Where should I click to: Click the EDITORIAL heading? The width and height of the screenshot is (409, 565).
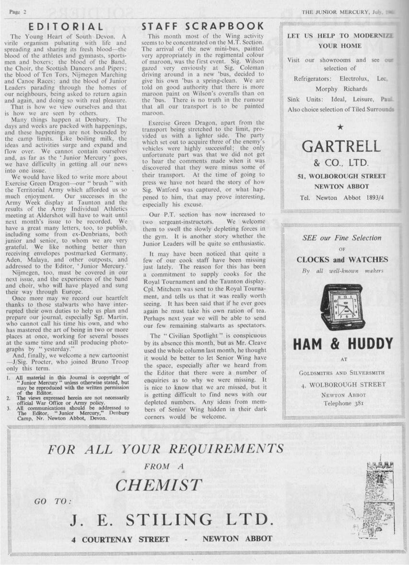(66, 27)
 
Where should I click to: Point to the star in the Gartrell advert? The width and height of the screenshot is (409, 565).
(340, 127)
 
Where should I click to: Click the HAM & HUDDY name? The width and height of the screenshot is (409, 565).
(342, 343)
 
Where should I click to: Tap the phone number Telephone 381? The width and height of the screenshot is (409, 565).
(342, 403)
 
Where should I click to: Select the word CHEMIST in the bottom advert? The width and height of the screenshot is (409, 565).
(158, 485)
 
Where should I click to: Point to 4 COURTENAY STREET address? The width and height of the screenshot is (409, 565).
(120, 539)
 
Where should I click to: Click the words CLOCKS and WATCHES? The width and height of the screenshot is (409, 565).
(342, 260)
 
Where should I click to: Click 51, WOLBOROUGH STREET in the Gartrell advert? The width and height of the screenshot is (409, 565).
(341, 176)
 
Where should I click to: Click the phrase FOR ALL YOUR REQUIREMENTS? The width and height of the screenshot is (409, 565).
(166, 449)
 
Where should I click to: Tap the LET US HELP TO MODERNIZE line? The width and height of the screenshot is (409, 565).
(339, 36)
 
